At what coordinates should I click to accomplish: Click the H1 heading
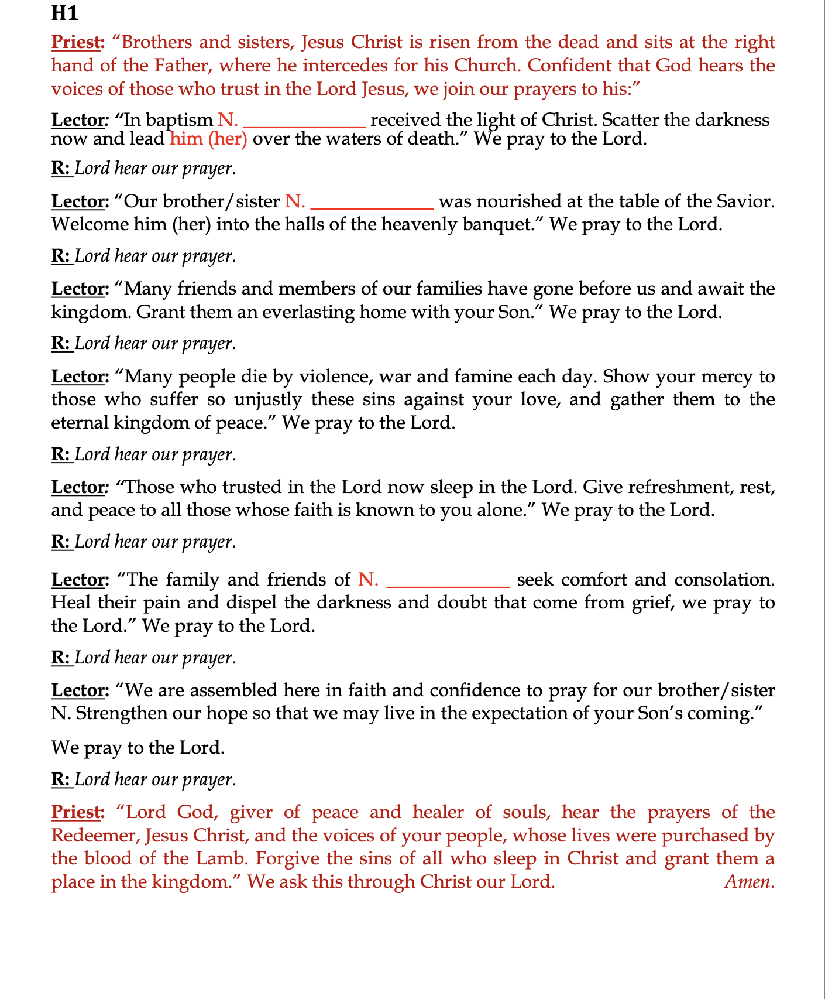(x=64, y=13)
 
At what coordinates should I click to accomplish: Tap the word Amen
(x=749, y=881)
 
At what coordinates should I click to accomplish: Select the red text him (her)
(x=208, y=139)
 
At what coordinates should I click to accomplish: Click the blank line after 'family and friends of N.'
(x=448, y=583)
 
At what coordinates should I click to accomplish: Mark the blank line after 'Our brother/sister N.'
(x=372, y=206)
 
